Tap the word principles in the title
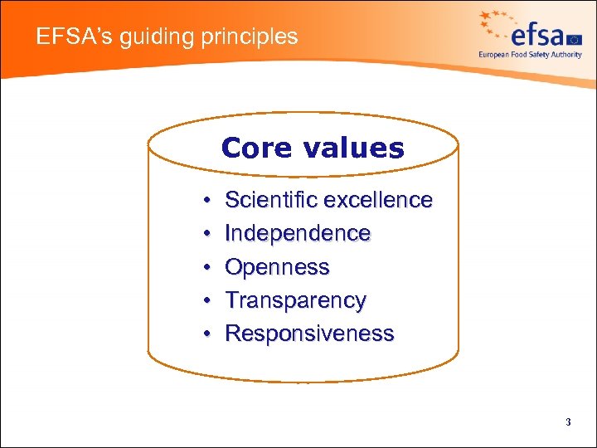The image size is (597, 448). (x=246, y=37)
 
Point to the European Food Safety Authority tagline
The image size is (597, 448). (x=530, y=55)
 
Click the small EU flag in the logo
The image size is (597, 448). (x=575, y=37)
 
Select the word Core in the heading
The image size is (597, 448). (x=256, y=148)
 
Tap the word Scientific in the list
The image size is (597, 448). (x=271, y=200)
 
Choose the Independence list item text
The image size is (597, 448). (x=298, y=234)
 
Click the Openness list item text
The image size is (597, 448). (x=277, y=267)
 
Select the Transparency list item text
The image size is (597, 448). (x=295, y=300)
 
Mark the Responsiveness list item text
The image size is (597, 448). (x=309, y=334)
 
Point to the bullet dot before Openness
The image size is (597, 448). (x=203, y=268)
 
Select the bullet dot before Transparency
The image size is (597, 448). (x=203, y=301)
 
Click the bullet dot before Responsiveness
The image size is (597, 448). (x=203, y=334)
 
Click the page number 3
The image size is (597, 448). (x=568, y=422)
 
